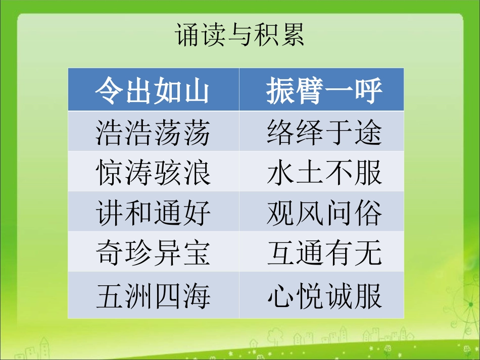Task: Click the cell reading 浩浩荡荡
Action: [153, 132]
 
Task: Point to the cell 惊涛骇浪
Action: [153, 172]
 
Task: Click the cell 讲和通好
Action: [153, 213]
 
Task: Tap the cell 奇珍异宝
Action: [153, 252]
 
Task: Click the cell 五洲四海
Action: [153, 296]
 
